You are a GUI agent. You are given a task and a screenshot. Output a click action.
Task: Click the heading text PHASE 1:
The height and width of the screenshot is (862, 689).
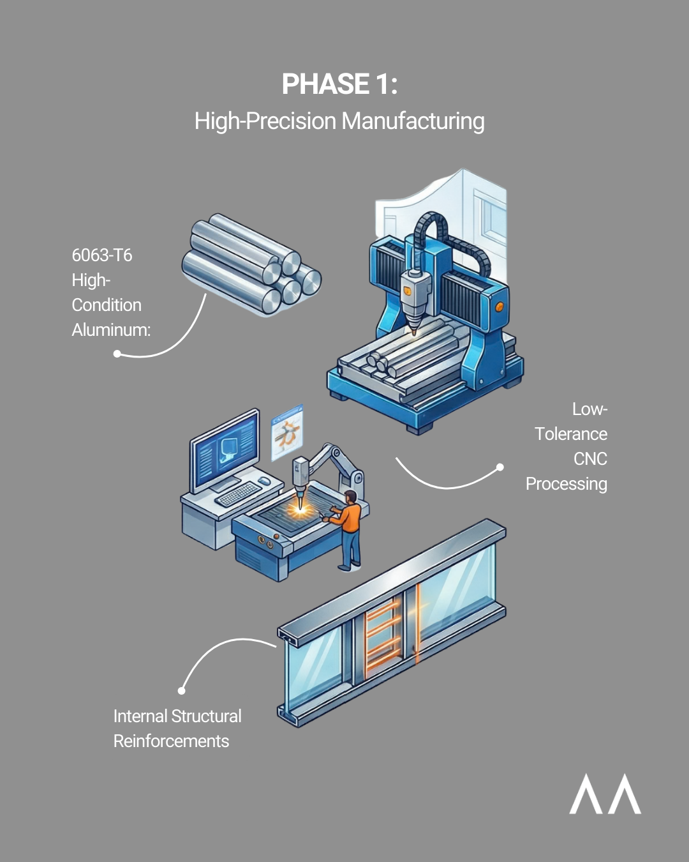[x=339, y=84]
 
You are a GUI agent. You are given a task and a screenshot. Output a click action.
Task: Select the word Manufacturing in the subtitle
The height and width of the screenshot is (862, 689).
[x=413, y=121]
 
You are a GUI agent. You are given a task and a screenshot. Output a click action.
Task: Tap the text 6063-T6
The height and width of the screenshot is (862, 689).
[x=101, y=255]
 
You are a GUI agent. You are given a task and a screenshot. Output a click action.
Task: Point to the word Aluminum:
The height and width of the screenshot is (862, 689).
[x=111, y=330]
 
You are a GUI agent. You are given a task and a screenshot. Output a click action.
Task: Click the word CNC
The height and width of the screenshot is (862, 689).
[x=590, y=459]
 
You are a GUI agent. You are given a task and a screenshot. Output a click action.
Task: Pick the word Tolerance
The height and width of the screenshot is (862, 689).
[x=571, y=434]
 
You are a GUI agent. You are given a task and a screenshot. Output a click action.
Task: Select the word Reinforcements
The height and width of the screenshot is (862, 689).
[x=172, y=741]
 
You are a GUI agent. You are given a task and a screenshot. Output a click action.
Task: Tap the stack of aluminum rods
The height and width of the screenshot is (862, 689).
[x=251, y=264]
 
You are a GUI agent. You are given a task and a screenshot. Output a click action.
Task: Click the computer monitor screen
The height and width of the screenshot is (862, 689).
[x=225, y=450]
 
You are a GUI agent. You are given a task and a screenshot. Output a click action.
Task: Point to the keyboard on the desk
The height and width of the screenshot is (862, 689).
[x=238, y=494]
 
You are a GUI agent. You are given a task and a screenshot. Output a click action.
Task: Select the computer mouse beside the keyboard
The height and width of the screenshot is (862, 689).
[x=264, y=481]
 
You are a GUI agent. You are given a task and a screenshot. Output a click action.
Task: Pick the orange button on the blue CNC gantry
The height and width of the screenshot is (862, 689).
[x=499, y=307]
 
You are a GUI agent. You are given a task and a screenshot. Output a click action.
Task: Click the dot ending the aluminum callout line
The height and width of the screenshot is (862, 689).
[x=117, y=353]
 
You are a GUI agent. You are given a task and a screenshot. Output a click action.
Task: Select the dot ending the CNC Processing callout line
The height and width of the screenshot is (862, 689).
[x=500, y=467]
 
